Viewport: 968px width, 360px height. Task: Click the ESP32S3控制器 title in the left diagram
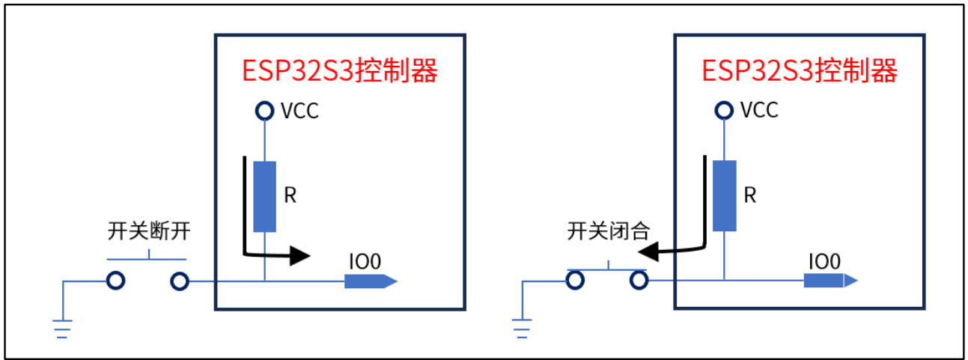(339, 71)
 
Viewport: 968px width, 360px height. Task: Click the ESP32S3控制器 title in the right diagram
(799, 71)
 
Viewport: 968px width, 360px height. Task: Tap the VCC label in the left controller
(299, 112)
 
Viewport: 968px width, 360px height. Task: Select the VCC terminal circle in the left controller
(264, 112)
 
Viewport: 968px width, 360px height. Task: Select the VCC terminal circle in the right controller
(724, 111)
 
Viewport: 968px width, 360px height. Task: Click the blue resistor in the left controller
(265, 196)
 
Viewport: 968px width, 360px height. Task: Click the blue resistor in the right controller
(725, 196)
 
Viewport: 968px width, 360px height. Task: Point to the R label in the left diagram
(291, 196)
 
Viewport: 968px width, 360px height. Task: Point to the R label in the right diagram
(750, 196)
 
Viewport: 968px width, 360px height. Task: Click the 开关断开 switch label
(149, 232)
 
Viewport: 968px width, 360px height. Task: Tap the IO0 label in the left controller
(365, 261)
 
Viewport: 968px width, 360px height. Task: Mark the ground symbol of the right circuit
(521, 329)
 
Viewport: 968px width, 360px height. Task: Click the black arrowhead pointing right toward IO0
(299, 256)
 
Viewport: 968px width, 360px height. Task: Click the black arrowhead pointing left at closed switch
(654, 252)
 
